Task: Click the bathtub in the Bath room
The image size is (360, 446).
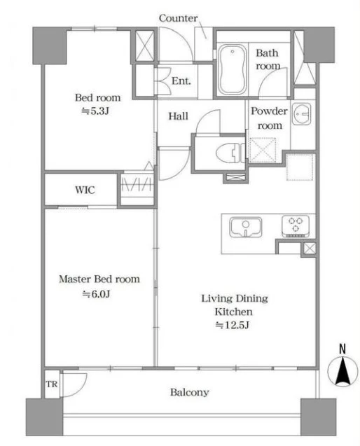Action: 233,69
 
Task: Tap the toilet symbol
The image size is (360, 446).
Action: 230,153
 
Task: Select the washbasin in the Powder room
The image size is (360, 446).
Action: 302,114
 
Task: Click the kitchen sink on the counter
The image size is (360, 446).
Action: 246,228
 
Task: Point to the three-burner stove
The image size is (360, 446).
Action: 296,226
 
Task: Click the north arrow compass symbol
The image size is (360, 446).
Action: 342,371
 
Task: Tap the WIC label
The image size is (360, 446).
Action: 85,190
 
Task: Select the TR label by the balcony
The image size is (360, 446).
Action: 52,384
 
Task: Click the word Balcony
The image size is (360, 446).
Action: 190,393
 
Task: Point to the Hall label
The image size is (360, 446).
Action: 178,116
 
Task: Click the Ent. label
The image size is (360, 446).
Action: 181,81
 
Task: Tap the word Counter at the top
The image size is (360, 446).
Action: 178,18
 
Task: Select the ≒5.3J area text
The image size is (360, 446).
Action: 95,111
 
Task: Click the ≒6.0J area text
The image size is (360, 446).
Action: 96,294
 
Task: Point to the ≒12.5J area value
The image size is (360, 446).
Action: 233,325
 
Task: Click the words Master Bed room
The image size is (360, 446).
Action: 99,279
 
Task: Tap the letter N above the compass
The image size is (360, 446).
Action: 342,349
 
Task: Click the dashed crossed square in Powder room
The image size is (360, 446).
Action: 263,150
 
